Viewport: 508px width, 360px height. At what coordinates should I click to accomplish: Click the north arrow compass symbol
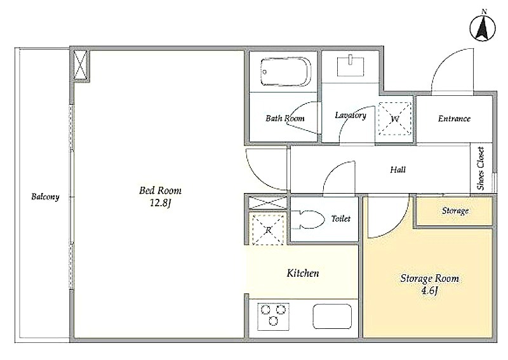483,28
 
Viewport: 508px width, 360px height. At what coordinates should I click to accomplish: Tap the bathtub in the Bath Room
285,72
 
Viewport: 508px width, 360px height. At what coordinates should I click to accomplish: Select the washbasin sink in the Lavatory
351,66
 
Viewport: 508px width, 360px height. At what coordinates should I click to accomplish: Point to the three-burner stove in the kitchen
274,317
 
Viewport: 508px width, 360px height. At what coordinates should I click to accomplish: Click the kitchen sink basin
332,317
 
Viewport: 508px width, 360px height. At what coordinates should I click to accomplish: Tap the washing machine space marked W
395,119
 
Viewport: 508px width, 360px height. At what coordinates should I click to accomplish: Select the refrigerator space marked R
268,230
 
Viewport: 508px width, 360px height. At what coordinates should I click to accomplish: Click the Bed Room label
161,190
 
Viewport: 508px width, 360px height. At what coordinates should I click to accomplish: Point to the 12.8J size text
161,203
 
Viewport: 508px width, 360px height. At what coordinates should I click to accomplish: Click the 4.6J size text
430,290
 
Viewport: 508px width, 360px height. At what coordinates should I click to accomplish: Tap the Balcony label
45,197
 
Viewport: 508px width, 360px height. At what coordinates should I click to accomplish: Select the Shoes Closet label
481,168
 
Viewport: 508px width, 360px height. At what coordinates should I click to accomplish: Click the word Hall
398,170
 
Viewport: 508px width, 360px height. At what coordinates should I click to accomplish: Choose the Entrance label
454,119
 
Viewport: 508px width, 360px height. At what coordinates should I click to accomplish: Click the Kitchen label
303,273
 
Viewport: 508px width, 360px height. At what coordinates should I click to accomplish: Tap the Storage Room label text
430,278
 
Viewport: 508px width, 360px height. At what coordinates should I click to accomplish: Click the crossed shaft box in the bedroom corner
80,65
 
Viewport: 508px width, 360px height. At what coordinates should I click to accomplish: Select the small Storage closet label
455,211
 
